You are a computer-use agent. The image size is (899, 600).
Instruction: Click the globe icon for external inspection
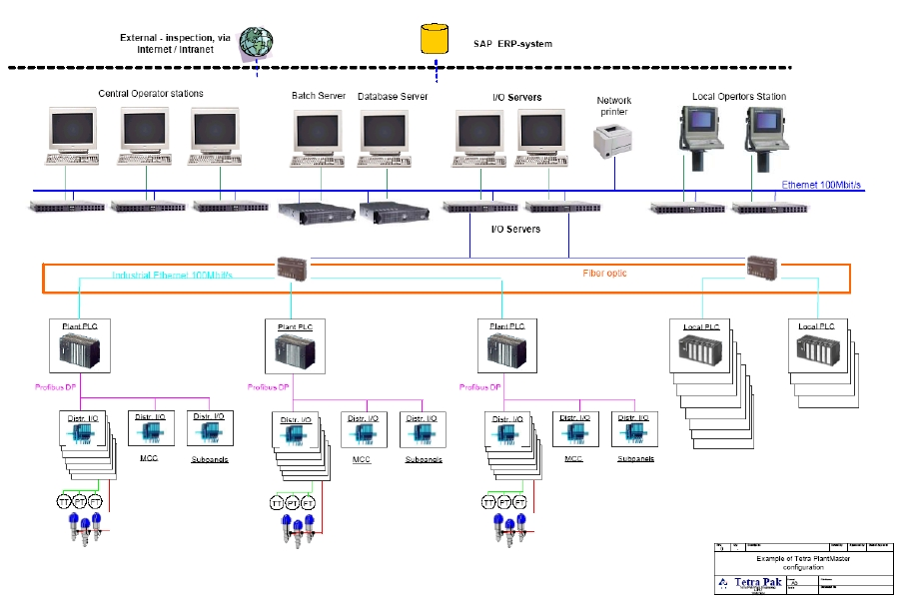coord(257,41)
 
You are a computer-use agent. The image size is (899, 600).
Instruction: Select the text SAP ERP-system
coord(512,44)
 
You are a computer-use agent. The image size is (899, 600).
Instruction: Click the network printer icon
coord(612,142)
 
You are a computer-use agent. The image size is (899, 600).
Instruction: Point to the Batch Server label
coord(319,97)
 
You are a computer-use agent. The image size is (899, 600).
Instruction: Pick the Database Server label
coord(393,97)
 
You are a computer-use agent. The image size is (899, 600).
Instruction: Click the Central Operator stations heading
coord(151,94)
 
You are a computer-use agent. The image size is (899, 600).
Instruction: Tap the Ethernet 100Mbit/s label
coord(820,186)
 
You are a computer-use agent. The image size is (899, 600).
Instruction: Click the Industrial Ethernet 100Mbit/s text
coord(172,275)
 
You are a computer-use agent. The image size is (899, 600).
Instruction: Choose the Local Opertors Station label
coord(739,97)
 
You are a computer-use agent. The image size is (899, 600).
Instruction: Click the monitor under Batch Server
coord(319,134)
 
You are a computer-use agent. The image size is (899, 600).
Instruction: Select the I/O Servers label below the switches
coord(515,230)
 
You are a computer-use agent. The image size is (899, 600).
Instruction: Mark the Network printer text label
coord(613,106)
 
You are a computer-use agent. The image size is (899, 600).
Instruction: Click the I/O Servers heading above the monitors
coord(517,97)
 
